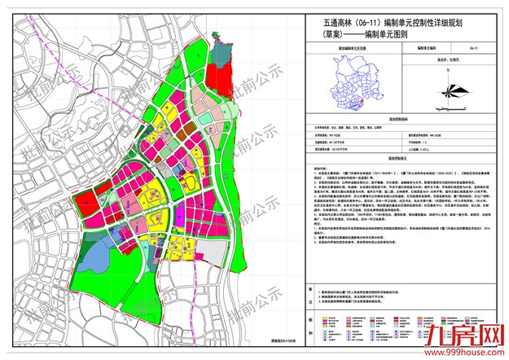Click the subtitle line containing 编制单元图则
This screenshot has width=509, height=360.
pyautogui.click(x=374, y=37)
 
